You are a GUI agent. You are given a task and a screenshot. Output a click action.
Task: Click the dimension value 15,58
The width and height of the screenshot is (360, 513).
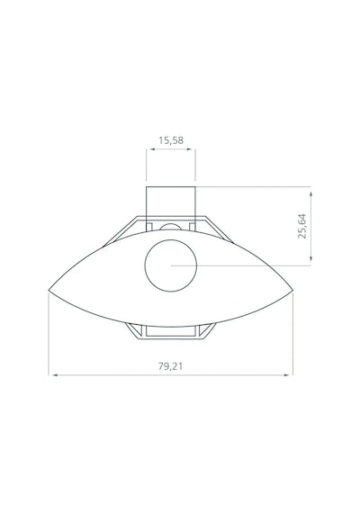tap(171, 140)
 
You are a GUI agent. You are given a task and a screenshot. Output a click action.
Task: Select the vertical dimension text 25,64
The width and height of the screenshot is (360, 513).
tap(302, 226)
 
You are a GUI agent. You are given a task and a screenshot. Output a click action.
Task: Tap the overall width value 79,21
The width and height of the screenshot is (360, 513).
tap(170, 366)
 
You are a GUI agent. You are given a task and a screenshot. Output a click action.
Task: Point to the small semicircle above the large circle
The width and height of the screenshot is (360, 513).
tap(171, 224)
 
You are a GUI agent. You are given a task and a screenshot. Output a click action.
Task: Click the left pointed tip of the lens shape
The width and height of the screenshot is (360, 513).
tap(49, 290)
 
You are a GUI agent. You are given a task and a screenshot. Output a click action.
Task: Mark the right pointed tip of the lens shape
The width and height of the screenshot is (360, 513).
tap(292, 290)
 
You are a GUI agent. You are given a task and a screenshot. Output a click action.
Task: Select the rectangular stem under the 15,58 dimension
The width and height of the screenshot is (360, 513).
tap(171, 187)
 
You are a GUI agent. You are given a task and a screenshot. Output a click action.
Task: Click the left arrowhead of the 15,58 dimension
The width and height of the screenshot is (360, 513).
tap(152, 149)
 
